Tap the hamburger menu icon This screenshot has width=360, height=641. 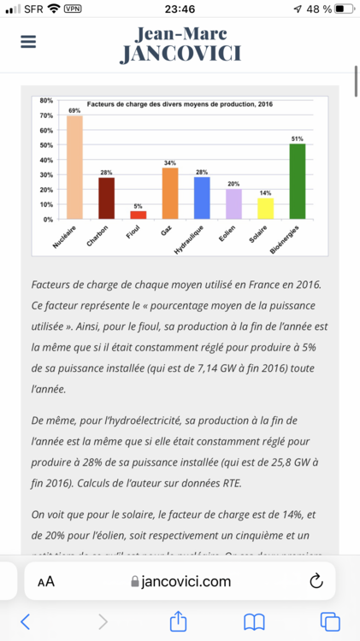pyautogui.click(x=28, y=42)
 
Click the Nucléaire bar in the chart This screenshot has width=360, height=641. pyautogui.click(x=74, y=168)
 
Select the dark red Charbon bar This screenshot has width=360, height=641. pyautogui.click(x=106, y=198)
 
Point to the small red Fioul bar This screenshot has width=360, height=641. pyautogui.click(x=139, y=215)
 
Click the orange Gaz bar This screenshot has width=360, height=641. pyautogui.click(x=170, y=193)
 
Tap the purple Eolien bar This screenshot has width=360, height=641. pyautogui.click(x=233, y=204)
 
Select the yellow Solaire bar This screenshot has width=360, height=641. pyautogui.click(x=265, y=209)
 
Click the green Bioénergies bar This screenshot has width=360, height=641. pyautogui.click(x=298, y=181)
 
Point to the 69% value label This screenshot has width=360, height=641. pyautogui.click(x=74, y=110)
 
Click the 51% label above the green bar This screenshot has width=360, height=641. pyautogui.click(x=298, y=138)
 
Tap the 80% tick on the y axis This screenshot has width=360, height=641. pyautogui.click(x=46, y=101)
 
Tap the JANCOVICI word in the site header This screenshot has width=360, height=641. pyautogui.click(x=180, y=53)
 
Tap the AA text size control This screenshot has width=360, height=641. pyautogui.click(x=46, y=581)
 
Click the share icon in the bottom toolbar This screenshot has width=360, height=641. pyautogui.click(x=178, y=621)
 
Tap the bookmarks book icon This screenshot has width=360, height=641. pyautogui.click(x=254, y=621)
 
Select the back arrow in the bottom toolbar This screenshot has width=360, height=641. pyautogui.click(x=26, y=621)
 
